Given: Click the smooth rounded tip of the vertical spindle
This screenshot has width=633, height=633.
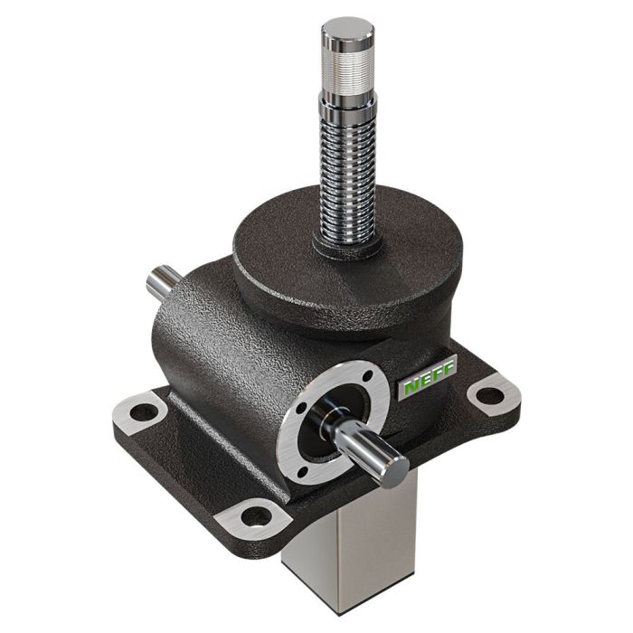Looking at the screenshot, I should click(x=347, y=31).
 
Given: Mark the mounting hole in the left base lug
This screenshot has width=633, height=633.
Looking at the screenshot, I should click(x=143, y=412).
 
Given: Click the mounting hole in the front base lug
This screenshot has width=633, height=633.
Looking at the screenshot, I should click(x=256, y=516).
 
